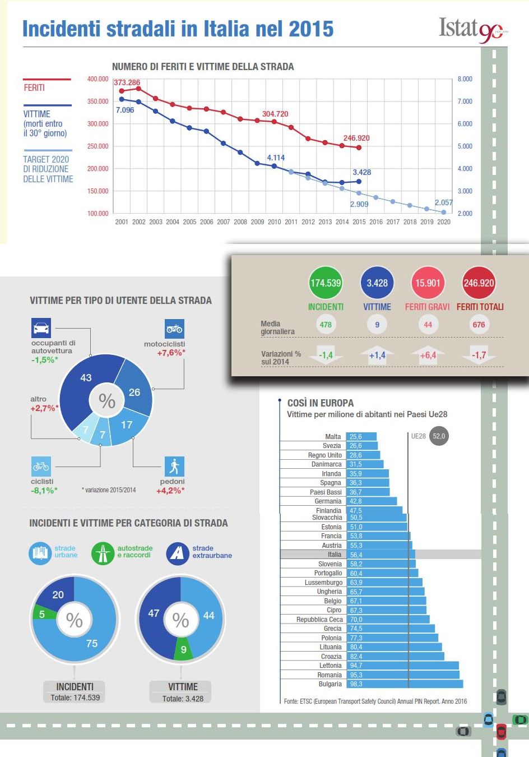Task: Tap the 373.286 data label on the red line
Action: click(x=127, y=82)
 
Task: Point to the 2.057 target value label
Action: click(x=443, y=202)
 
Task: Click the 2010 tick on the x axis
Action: click(x=274, y=222)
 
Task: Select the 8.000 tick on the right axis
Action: click(x=465, y=79)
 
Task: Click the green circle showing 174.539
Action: click(x=326, y=283)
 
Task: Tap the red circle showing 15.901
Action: click(x=428, y=283)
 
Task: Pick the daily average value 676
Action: click(x=479, y=325)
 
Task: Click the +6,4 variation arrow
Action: click(x=428, y=355)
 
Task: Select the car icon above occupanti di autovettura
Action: click(x=41, y=327)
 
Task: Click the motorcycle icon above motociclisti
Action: click(x=174, y=329)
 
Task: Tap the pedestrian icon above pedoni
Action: click(x=174, y=466)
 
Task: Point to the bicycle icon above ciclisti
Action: click(x=41, y=466)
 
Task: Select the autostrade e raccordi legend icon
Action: click(x=103, y=553)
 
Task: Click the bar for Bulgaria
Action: click(x=404, y=684)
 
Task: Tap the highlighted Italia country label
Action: click(x=334, y=555)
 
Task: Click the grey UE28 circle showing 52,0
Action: click(x=439, y=436)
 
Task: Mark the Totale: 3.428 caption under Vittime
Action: click(x=183, y=699)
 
